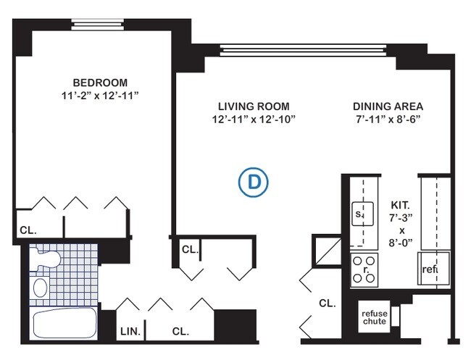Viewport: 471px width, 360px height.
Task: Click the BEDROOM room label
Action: tap(100, 82)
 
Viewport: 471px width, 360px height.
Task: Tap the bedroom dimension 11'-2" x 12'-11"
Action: tap(100, 96)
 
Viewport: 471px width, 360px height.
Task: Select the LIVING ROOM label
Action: tap(249, 105)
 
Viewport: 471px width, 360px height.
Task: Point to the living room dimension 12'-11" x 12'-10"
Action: tap(249, 120)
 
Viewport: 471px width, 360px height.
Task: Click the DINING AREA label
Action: tap(388, 105)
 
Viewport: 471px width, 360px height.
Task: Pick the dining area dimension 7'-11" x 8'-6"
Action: tap(388, 120)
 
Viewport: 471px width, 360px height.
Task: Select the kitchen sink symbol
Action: tap(359, 214)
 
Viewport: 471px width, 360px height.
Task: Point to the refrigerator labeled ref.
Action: tap(430, 270)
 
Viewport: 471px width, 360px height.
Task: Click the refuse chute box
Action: tap(374, 317)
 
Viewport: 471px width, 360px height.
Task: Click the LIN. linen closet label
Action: tap(129, 332)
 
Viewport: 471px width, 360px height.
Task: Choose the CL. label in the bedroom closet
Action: tap(28, 231)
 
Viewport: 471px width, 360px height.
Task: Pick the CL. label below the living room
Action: tap(189, 249)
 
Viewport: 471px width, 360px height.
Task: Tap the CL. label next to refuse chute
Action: tap(327, 304)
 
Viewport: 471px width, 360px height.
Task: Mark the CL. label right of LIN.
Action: tap(180, 332)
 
